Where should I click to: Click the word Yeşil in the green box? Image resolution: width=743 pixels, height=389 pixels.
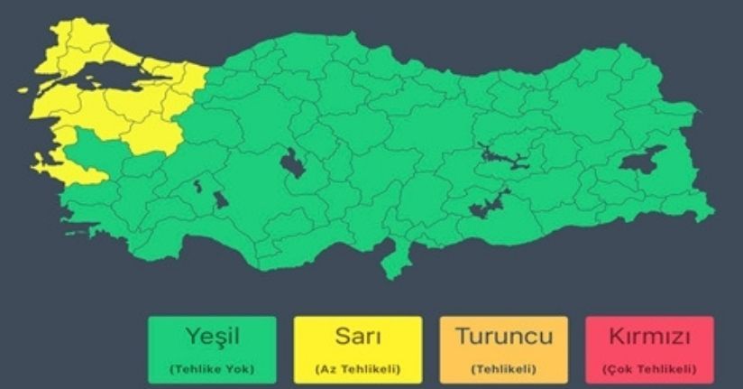[x=213, y=338]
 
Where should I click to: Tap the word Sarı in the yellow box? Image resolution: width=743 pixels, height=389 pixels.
[x=357, y=338]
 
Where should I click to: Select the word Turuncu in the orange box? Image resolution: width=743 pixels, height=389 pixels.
[x=503, y=338]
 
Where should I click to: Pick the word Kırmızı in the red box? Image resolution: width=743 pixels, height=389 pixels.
[x=649, y=338]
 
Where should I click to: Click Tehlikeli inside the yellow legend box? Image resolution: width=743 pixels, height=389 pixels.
[x=365, y=368]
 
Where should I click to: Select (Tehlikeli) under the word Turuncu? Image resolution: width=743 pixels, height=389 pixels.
[x=503, y=368]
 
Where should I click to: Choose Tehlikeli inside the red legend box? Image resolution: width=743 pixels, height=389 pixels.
[x=657, y=368]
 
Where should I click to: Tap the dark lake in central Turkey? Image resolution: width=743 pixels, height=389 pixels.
[x=293, y=163]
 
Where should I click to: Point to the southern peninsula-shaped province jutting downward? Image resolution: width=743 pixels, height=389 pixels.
[x=394, y=262]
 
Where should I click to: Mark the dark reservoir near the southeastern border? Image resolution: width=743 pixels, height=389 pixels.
[x=488, y=205]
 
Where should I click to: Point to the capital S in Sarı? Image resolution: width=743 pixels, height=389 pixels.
[x=340, y=338]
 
